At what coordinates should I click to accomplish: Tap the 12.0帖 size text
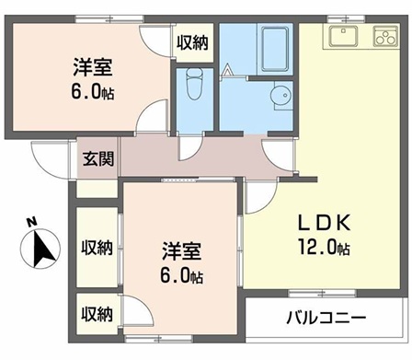click(318, 249)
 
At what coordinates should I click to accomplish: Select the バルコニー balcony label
click(325, 319)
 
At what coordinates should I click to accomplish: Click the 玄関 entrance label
click(97, 158)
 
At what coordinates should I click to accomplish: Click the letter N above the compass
click(30, 222)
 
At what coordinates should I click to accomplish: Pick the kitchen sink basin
click(345, 36)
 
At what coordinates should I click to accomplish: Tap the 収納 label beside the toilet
click(192, 41)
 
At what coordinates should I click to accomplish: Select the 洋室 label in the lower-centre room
click(181, 250)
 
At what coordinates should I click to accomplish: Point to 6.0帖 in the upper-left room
click(92, 92)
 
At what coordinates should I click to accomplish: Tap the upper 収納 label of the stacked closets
click(97, 247)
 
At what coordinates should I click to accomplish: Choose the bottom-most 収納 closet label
click(97, 314)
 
